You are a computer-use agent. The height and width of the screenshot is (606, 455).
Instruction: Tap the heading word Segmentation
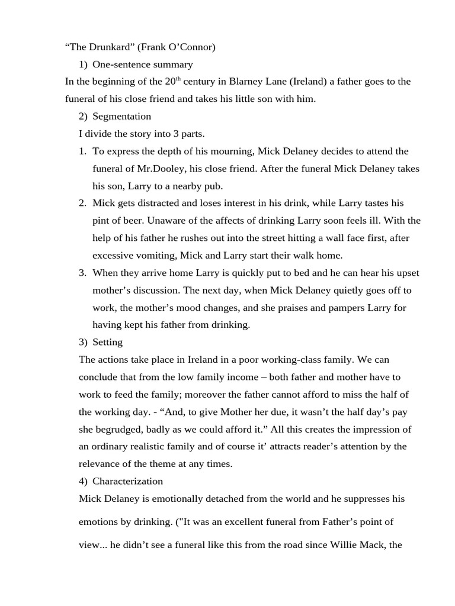(121, 116)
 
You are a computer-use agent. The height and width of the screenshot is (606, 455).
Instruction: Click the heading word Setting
(107, 342)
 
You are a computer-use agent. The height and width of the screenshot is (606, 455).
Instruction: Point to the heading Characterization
(127, 481)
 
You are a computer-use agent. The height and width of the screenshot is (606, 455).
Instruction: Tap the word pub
(214, 186)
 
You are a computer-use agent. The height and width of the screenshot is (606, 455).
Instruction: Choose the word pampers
(350, 308)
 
